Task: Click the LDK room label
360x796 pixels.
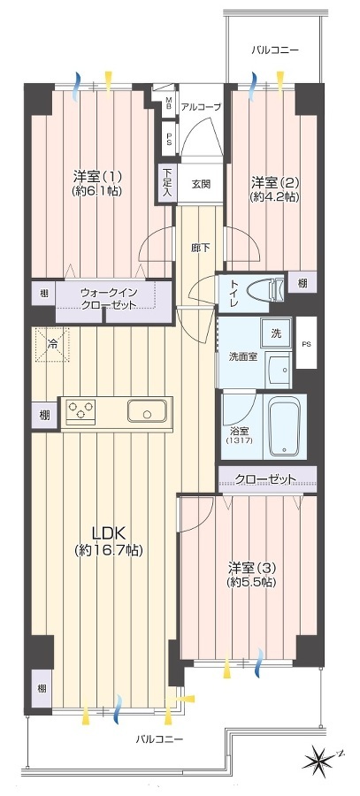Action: pos(108,540)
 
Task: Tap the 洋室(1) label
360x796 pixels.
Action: pos(97,183)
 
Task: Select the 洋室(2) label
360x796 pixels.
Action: pos(274,188)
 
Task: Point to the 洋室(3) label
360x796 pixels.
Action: pos(252,574)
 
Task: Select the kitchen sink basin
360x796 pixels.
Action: pos(147,410)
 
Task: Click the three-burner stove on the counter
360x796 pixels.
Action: pos(81,410)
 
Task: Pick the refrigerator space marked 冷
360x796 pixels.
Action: pos(51,344)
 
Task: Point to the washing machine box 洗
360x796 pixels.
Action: pos(276,333)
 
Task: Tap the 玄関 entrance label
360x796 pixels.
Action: pos(201,184)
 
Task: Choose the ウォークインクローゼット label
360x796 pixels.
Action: pos(109,299)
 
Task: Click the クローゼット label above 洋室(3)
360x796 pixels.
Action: pos(265,478)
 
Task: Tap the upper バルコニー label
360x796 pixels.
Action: pos(275,50)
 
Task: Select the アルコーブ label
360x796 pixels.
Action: pos(201,107)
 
